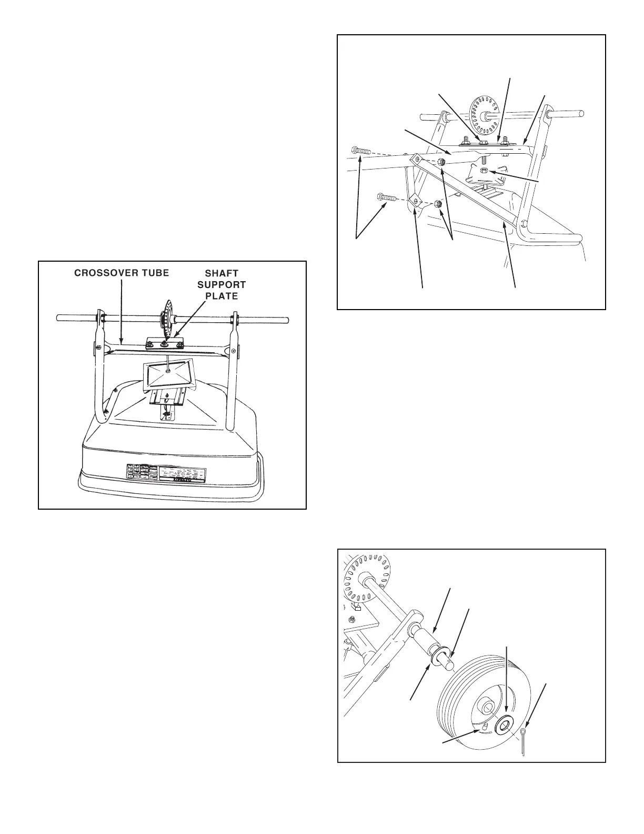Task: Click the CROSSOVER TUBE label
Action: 122,273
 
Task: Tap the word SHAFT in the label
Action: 221,273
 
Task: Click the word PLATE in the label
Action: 221,296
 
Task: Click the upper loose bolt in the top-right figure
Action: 361,151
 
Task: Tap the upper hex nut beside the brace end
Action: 442,162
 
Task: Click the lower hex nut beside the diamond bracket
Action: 438,203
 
